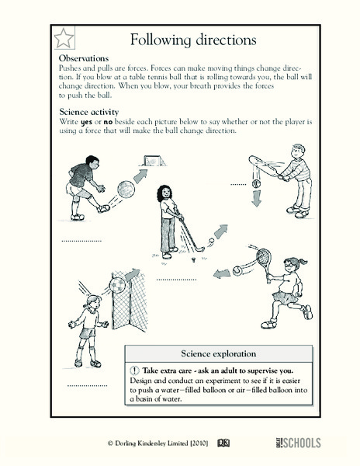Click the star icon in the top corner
(64, 38)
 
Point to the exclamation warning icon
(135, 370)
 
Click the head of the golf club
(200, 250)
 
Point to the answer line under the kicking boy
(81, 240)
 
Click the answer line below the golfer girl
(176, 278)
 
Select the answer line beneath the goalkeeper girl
(87, 384)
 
